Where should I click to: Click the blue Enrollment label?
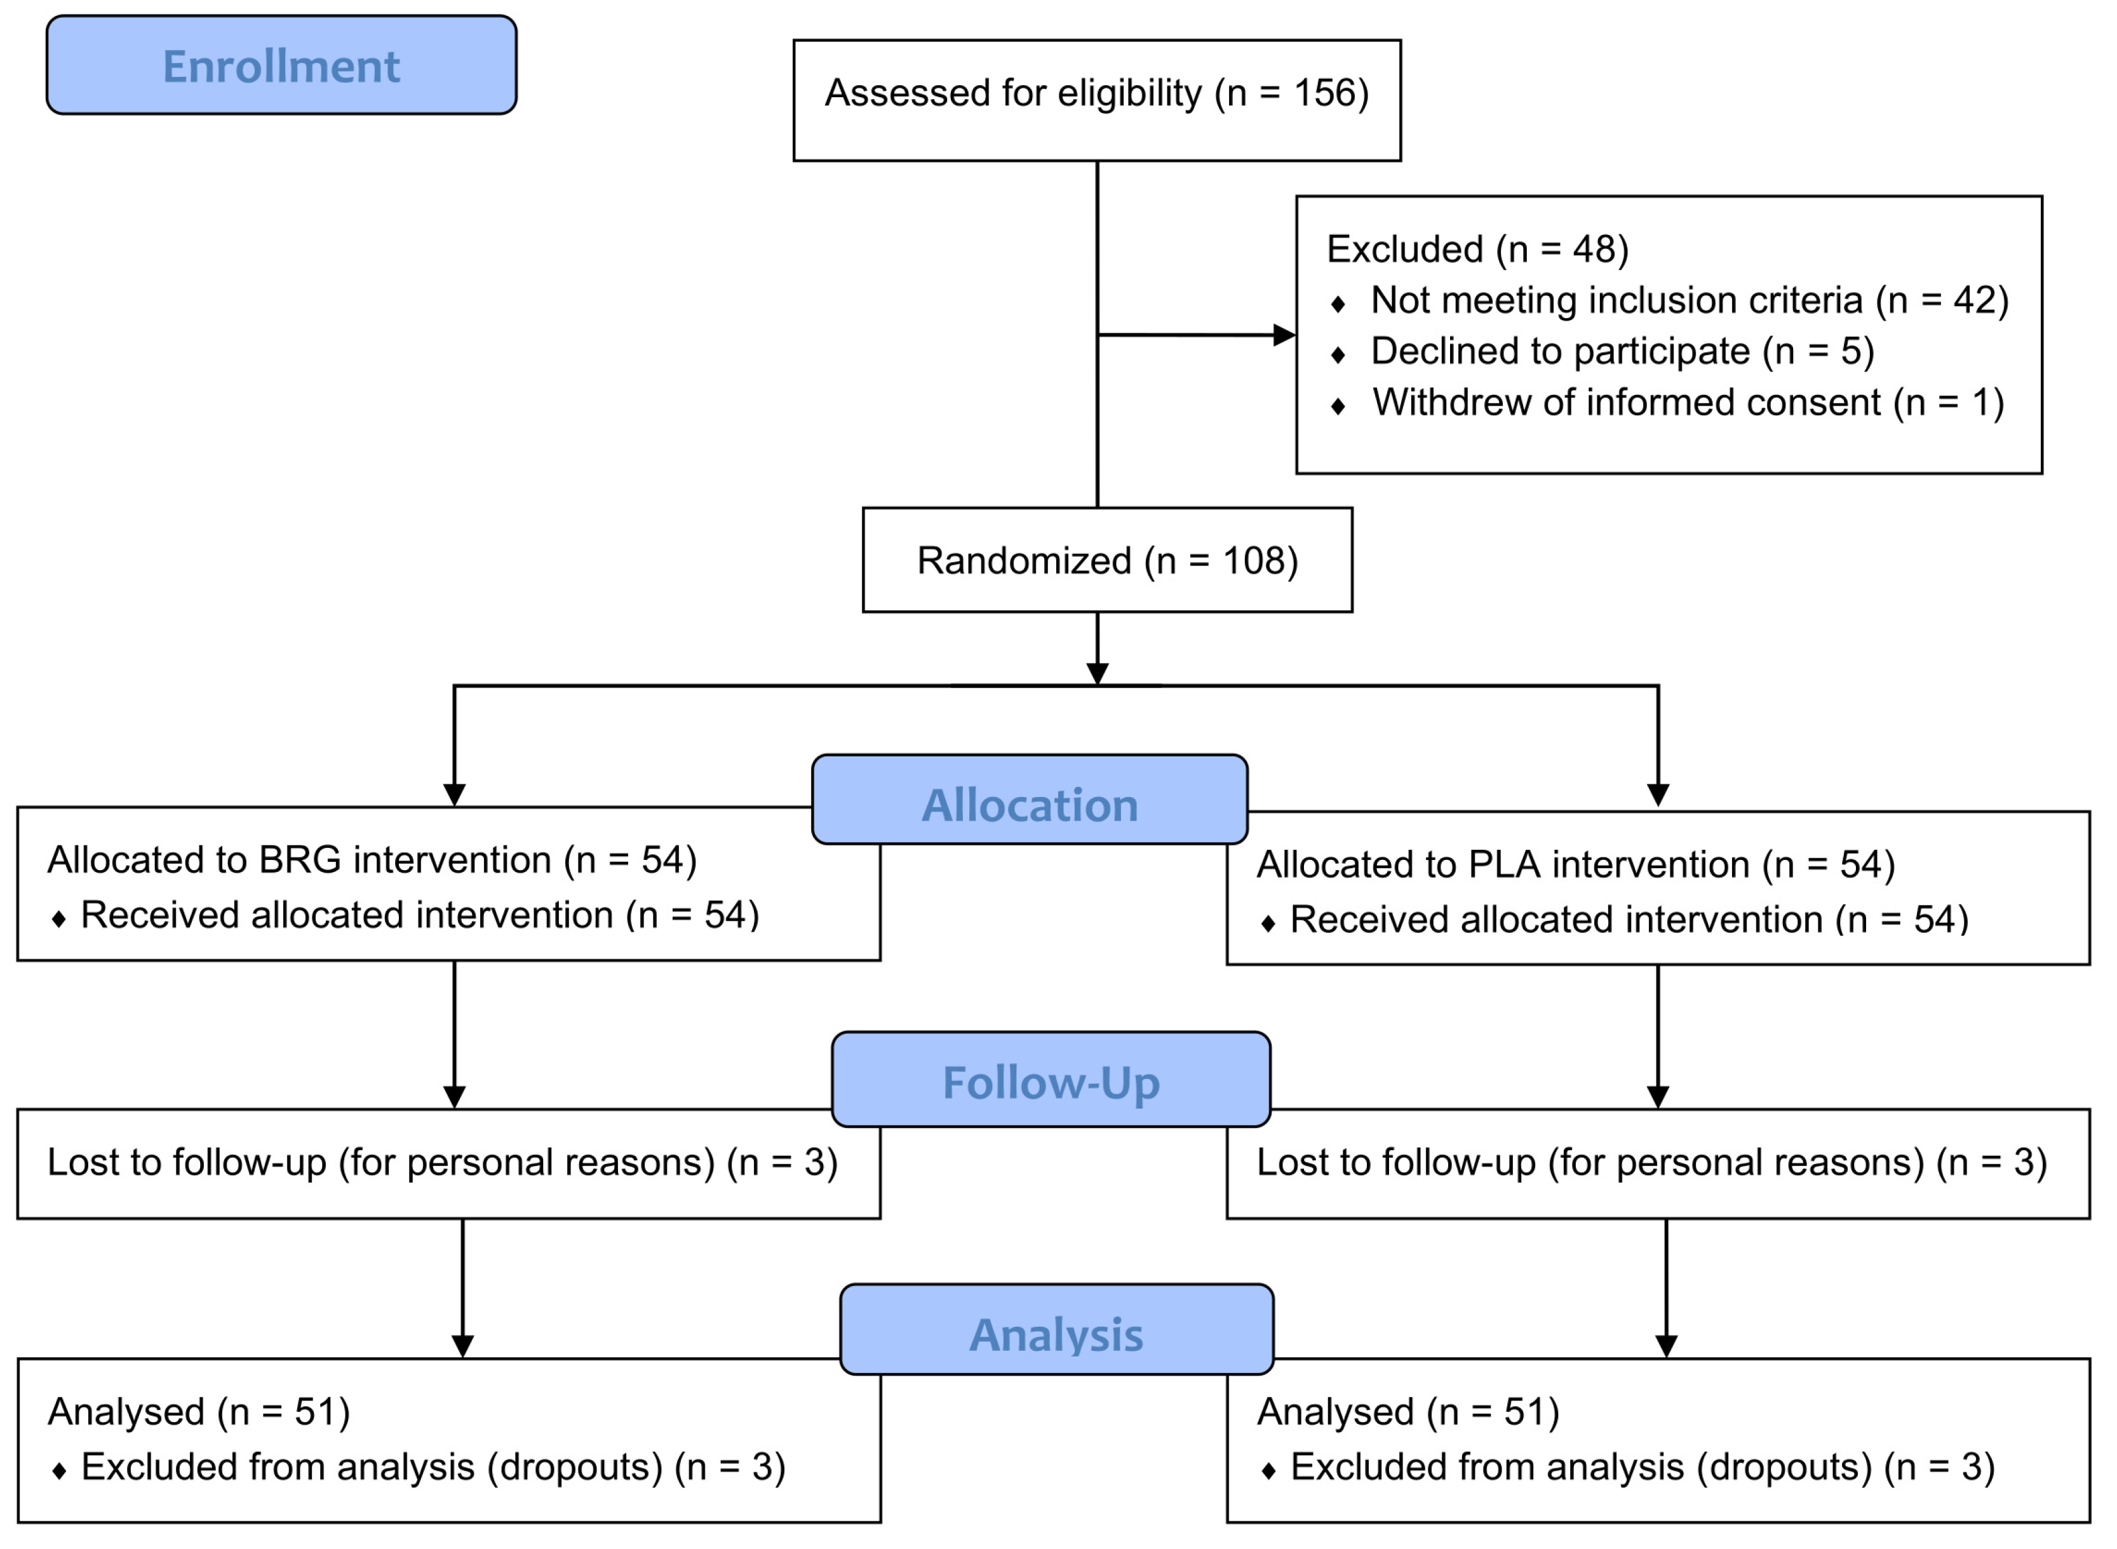[281, 65]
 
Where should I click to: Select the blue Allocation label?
[1030, 805]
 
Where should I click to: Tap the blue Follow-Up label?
[1051, 1083]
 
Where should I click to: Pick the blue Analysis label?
[1057, 1335]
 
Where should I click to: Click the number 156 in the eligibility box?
[1325, 93]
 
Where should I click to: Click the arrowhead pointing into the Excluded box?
[1284, 335]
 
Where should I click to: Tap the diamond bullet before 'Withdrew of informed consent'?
[1338, 406]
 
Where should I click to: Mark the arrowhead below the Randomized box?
[1098, 674]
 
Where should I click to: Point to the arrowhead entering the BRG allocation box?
[455, 795]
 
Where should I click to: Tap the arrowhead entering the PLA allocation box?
[1658, 795]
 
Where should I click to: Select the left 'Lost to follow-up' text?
[441, 1163]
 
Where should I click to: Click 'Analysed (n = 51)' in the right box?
[1408, 1412]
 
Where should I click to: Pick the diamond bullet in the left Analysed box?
[59, 1471]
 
